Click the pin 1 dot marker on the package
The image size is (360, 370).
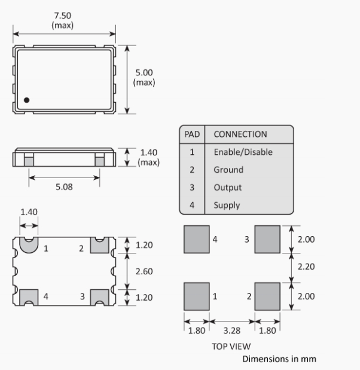click(x=27, y=100)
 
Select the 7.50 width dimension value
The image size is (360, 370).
click(x=63, y=16)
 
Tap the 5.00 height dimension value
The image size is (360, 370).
click(x=144, y=72)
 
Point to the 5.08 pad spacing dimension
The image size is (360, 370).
click(x=64, y=187)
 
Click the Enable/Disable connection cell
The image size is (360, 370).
click(x=243, y=152)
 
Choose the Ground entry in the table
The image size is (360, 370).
click(x=228, y=170)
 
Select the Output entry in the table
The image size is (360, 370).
click(x=228, y=187)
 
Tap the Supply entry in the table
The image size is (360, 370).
click(x=227, y=205)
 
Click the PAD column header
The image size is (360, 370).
click(x=192, y=134)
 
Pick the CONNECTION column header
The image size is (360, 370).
click(x=240, y=134)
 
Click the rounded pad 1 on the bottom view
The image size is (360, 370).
click(x=29, y=245)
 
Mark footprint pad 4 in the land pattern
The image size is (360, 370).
click(x=197, y=239)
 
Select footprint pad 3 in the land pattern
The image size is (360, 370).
click(x=267, y=239)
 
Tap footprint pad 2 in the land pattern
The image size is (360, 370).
click(x=267, y=296)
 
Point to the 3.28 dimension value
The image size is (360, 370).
click(x=232, y=331)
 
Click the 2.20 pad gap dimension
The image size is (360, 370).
click(x=306, y=267)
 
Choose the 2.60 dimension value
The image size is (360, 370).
click(x=144, y=271)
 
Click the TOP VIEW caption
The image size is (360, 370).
click(x=231, y=347)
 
